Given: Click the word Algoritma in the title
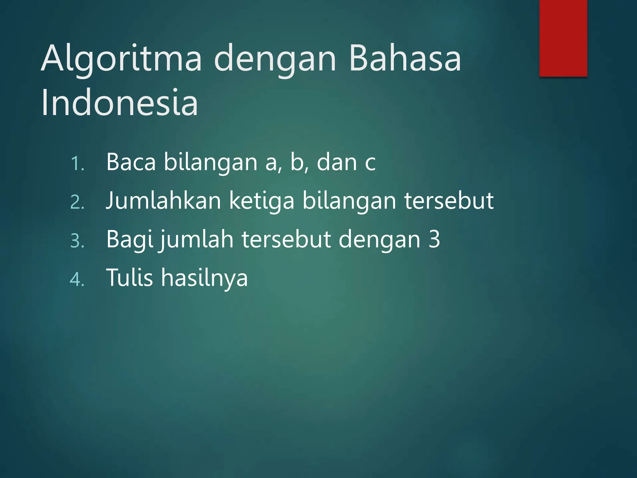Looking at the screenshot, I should (x=121, y=59).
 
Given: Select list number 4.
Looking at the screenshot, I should (x=77, y=279).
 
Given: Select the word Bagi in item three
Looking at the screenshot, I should (x=130, y=240).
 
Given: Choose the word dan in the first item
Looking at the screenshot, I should (x=337, y=162).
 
